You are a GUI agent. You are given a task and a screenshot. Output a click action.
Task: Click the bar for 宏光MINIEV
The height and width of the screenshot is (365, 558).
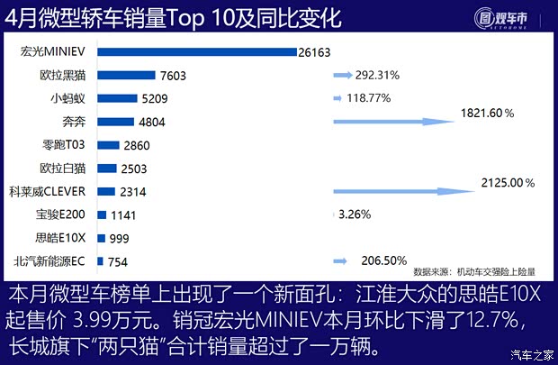pyautogui.click(x=196, y=51)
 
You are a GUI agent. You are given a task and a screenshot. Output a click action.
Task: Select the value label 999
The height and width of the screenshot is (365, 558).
pyautogui.click(x=120, y=239)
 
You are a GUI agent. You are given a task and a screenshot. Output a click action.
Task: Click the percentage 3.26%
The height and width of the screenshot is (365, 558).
pyautogui.click(x=354, y=215)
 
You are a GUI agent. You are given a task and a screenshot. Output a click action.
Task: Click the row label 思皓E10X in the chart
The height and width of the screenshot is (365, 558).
pyautogui.click(x=60, y=238)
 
